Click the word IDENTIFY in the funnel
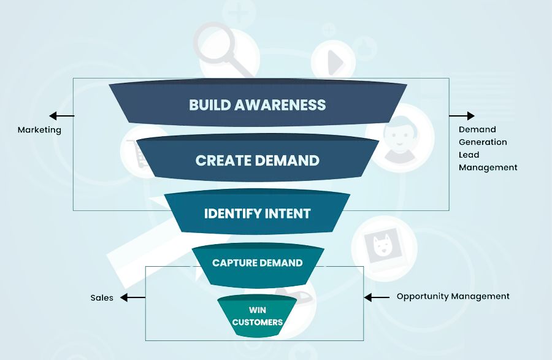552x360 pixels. pos(231,213)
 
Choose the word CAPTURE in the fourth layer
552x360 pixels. pos(234,263)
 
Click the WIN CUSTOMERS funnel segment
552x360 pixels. pos(257,316)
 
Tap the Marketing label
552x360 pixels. pos(39,130)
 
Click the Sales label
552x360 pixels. pos(102,298)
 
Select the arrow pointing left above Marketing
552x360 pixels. pos(61,115)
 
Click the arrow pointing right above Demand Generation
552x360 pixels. pos(462,115)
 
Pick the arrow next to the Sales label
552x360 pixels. pos(132,297)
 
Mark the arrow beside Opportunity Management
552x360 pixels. pos(377,297)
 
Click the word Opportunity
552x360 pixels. pos(423,296)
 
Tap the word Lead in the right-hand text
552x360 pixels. pos(469,155)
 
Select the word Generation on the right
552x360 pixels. pos(483,142)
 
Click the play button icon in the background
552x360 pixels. pos(334,61)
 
